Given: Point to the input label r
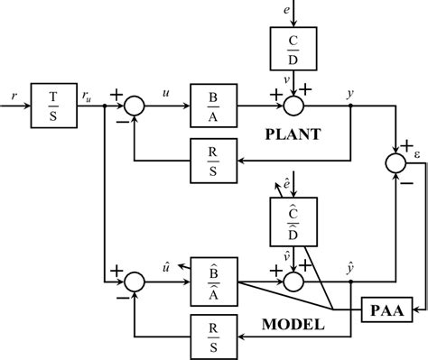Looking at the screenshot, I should click(x=10, y=93).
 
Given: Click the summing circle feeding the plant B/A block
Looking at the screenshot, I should click(x=134, y=106).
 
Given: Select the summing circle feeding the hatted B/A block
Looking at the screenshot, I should click(x=134, y=281).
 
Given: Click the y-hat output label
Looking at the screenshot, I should click(x=349, y=265).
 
